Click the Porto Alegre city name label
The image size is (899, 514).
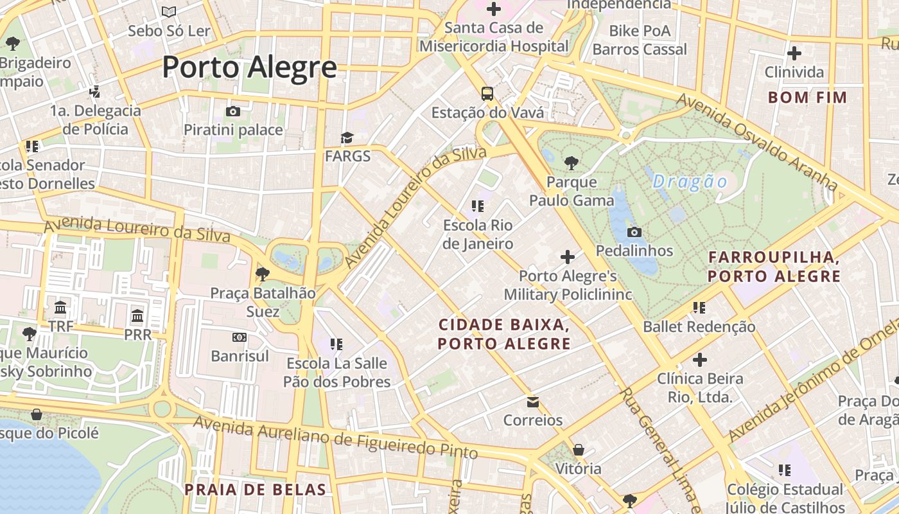pos(249,67)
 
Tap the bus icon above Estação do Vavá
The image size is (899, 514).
pos(487,94)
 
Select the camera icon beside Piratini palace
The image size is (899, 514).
pos(233,111)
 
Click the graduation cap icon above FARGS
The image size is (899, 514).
pos(347,137)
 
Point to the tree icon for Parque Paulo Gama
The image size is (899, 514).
pos(571,163)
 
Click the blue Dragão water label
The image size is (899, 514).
pos(690,182)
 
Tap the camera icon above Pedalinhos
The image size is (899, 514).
pos(634,232)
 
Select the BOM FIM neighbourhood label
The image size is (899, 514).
pos(808,98)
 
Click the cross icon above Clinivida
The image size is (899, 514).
pos(794,53)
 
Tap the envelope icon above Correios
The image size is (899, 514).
pos(533,402)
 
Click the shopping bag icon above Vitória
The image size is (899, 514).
pos(579,450)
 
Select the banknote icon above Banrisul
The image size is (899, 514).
pos(240,337)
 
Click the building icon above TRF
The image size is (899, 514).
pos(61,307)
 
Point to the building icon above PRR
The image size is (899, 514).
pos(137,315)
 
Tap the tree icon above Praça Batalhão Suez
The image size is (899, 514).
pos(263,274)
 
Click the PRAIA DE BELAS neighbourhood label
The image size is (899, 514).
pos(256,490)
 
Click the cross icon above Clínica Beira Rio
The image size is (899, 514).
pos(700,360)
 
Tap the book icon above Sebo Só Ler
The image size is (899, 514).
pos(169,12)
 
